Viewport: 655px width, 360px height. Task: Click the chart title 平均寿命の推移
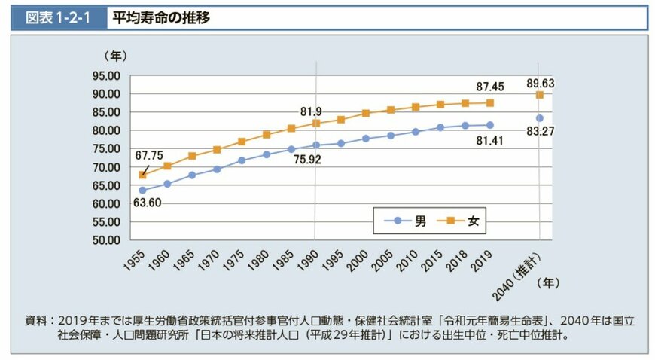[x=158, y=17]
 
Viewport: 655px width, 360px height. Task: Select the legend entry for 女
[x=464, y=221]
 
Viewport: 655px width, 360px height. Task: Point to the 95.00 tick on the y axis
[x=106, y=76]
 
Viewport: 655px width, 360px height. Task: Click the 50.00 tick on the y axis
[x=106, y=240]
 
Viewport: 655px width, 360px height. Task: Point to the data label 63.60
[x=146, y=203]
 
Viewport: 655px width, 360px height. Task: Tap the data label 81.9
[x=311, y=111]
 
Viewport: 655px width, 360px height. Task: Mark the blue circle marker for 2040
[x=540, y=118]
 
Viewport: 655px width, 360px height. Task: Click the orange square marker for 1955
[x=142, y=175]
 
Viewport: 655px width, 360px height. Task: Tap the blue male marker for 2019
[x=490, y=125]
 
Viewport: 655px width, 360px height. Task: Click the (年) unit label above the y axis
[x=116, y=56]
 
